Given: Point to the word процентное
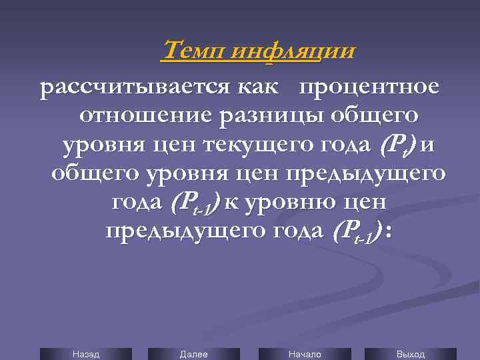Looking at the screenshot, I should pos(369,88).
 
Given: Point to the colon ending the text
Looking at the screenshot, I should pos(389,232).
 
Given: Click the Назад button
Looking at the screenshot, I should pos(85,354).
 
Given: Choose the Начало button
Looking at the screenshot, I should pos(304,354).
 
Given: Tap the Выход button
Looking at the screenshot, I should pos(411,354).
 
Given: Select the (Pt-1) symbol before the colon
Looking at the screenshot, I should pos(355,232).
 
